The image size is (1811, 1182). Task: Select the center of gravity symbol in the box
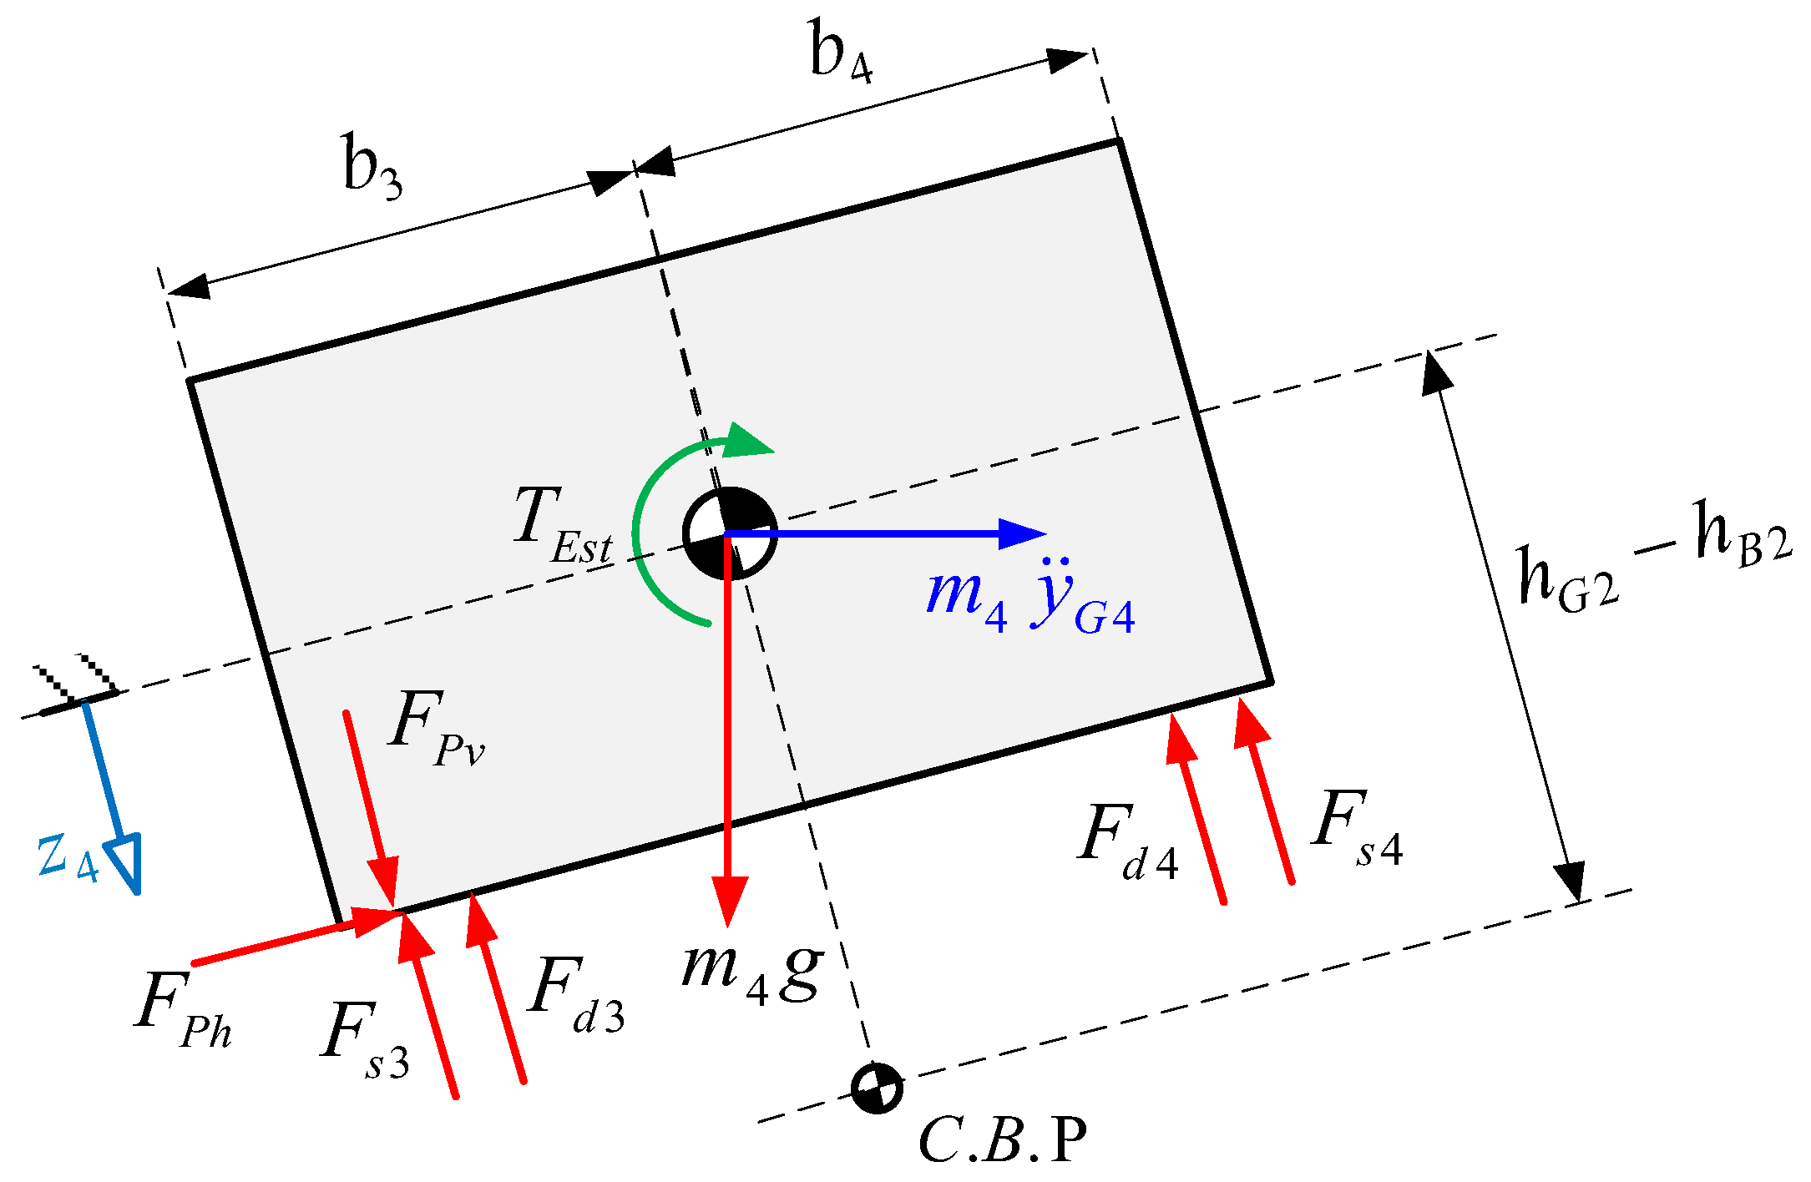tap(730, 533)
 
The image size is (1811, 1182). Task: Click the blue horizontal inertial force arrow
tap(885, 533)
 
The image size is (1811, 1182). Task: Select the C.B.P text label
tap(1002, 1140)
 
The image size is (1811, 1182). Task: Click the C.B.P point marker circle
tap(877, 1089)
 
